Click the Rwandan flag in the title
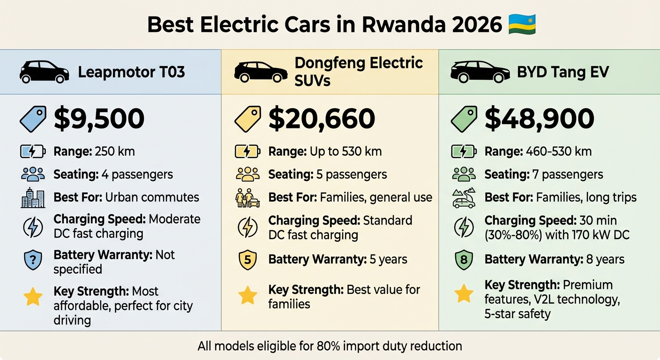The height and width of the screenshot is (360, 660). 522,24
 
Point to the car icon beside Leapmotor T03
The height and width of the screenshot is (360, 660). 44,72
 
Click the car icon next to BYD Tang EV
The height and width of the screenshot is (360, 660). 480,72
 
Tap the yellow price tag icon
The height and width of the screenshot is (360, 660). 247,119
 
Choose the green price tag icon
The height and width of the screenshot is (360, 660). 464,119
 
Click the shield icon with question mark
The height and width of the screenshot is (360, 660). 33,260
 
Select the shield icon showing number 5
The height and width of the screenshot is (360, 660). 247,260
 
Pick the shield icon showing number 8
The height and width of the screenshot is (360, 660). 464,260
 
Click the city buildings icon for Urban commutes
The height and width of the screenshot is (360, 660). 33,198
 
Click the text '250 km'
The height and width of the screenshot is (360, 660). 114,151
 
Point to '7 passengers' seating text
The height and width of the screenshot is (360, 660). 572,175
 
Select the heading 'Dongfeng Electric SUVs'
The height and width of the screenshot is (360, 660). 359,71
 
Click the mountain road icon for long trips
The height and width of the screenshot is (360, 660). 464,198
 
